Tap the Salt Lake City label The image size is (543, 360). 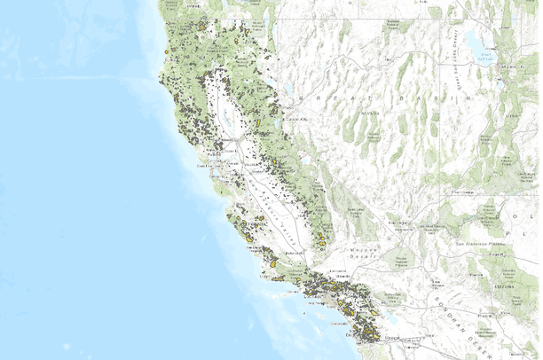pyautogui.click(x=507, y=67)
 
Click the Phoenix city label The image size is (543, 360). pyautogui.click(x=489, y=314)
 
